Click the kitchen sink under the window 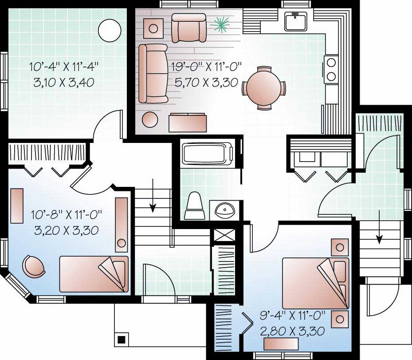click(296, 21)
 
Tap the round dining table click(264, 88)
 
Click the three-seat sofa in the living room click(152, 73)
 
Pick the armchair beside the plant click(189, 27)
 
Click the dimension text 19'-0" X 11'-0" click(206, 68)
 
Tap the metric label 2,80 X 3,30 click(292, 331)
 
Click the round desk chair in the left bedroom click(34, 266)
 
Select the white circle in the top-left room click(109, 31)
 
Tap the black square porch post click(121, 340)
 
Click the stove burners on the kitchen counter click(331, 69)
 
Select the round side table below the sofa click(150, 120)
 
